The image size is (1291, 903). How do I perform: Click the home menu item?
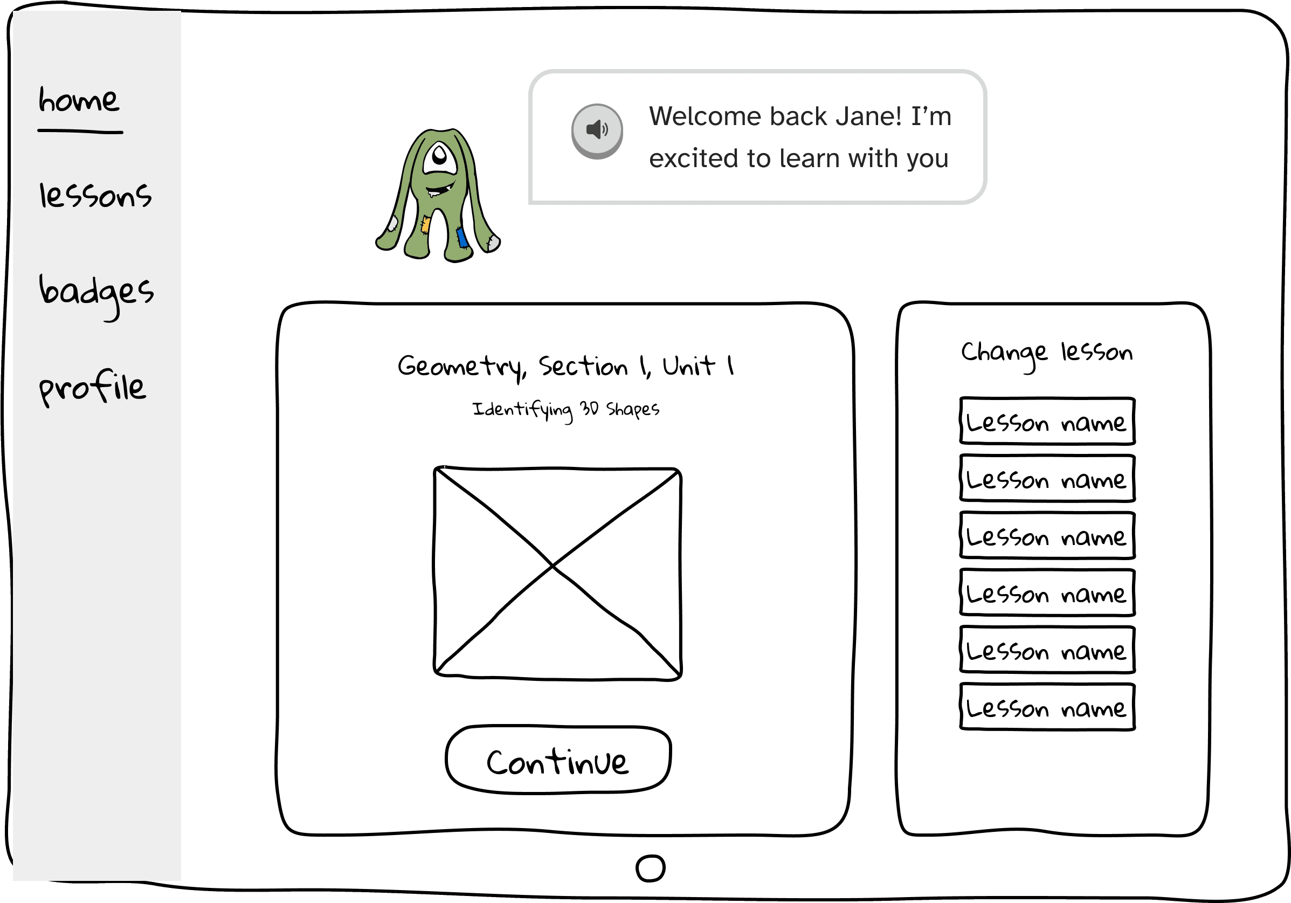point(79,101)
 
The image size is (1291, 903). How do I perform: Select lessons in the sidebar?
point(95,196)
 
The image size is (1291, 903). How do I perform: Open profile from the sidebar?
point(92,388)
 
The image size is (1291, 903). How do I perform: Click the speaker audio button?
point(597,130)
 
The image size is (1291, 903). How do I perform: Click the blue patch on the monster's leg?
point(462,237)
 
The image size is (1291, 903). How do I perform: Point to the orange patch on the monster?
point(426,225)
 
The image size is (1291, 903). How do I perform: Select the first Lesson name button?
point(1047,421)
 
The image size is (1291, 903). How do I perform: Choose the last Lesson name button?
point(1047,707)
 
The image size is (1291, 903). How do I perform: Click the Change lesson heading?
point(1046,353)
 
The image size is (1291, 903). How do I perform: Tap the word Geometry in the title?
point(461,367)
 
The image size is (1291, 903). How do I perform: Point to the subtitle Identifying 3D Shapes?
point(565,409)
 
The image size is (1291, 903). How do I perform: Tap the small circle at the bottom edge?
point(651,868)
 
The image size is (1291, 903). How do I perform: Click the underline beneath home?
point(80,132)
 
